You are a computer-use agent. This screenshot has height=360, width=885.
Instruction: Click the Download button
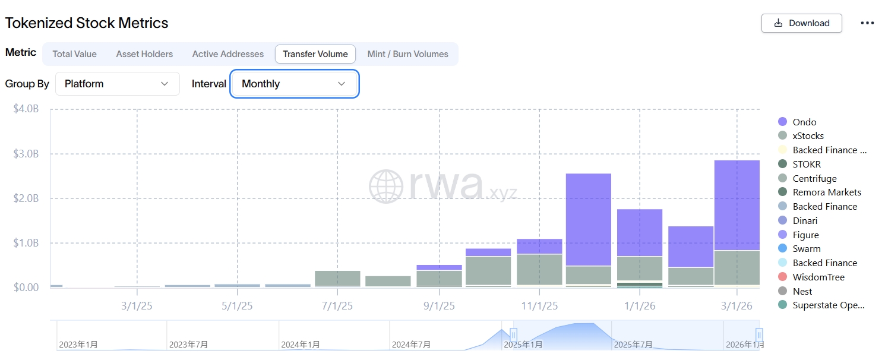[801, 23]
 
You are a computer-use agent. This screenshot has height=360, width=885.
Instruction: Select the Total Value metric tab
[74, 54]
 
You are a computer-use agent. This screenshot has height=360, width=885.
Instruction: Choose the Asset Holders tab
[144, 54]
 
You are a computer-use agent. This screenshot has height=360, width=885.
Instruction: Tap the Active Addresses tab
[227, 54]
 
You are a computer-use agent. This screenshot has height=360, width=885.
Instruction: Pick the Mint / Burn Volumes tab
[407, 54]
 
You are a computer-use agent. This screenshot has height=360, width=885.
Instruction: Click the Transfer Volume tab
[315, 54]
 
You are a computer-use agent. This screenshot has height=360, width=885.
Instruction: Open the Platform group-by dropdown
[117, 84]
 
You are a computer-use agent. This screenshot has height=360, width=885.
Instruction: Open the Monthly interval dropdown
[294, 84]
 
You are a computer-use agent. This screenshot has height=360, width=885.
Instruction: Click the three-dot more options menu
[867, 23]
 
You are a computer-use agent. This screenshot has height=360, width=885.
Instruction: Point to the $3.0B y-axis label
[26, 154]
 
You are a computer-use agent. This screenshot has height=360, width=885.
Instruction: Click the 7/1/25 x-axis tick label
[337, 307]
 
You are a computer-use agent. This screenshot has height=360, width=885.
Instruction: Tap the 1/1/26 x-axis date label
[639, 307]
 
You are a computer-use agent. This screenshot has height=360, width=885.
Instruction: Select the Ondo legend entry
[804, 122]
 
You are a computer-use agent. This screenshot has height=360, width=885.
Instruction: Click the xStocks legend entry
[808, 136]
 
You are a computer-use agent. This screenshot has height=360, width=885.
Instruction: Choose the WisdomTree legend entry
[818, 277]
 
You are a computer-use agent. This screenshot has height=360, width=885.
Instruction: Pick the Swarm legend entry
[806, 249]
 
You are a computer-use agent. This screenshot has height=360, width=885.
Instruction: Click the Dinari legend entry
[805, 221]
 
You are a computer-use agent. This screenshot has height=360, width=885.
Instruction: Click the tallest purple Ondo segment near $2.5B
[589, 220]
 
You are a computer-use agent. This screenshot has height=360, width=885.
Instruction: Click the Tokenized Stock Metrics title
[87, 23]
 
